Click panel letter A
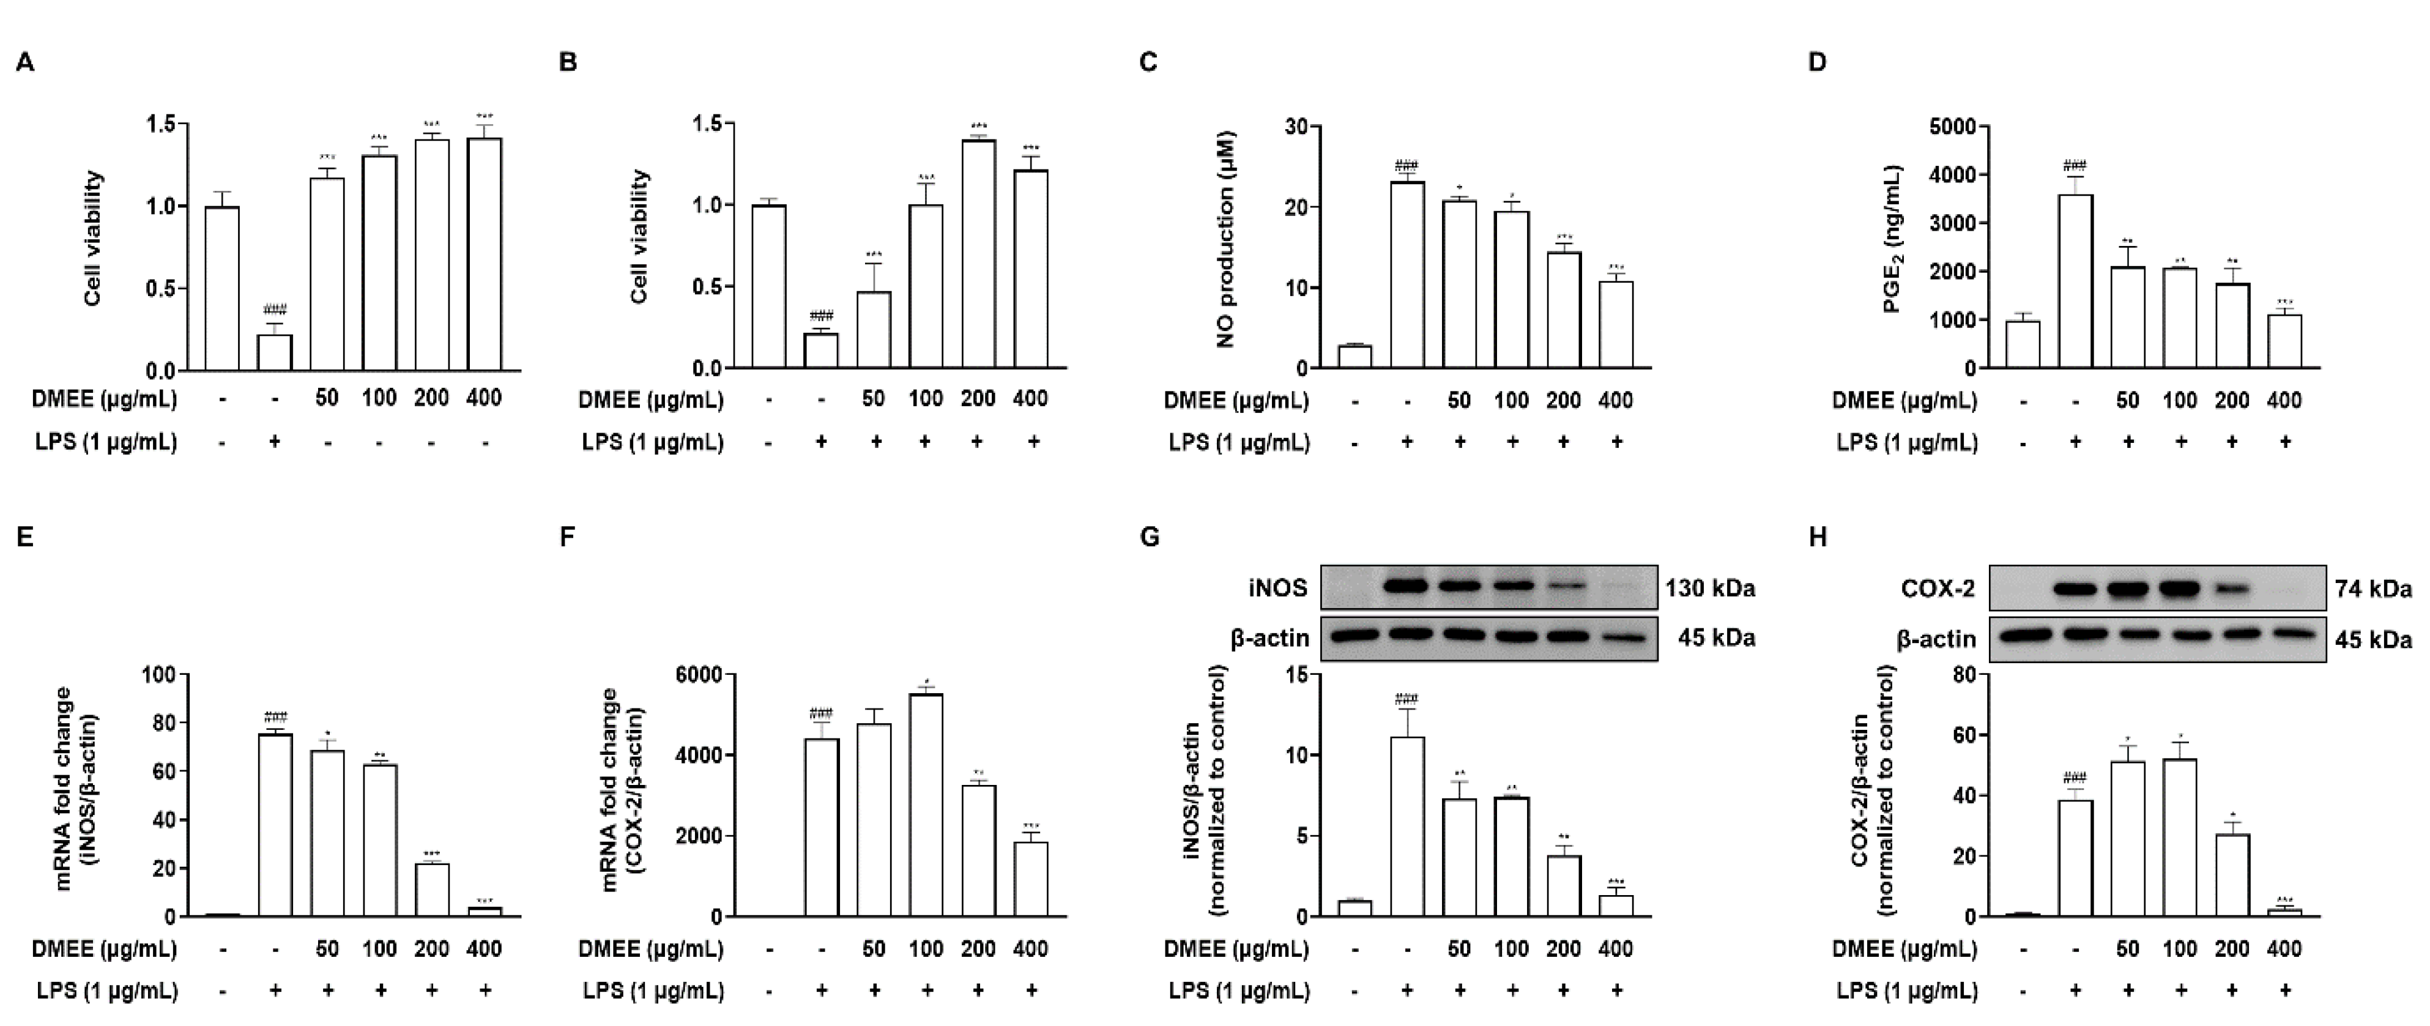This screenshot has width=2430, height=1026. (26, 63)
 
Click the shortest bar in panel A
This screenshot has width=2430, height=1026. (275, 352)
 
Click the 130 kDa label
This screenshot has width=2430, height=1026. (1709, 589)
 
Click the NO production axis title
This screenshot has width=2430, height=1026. (1225, 240)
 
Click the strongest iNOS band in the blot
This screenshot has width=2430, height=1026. (1406, 587)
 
